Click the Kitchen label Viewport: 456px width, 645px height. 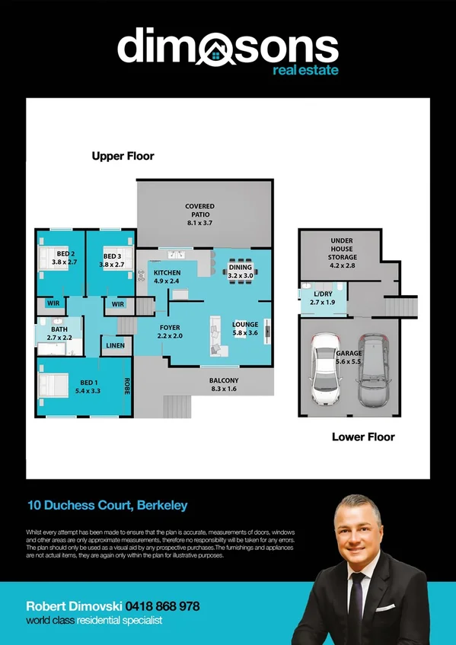pyautogui.click(x=167, y=277)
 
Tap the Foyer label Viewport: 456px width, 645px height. pyautogui.click(x=170, y=331)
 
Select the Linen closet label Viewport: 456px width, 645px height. pyautogui.click(x=116, y=345)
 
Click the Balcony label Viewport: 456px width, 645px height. pyautogui.click(x=224, y=385)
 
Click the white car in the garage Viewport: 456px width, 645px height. pyautogui.click(x=325, y=370)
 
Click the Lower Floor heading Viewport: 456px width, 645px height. pyautogui.click(x=363, y=437)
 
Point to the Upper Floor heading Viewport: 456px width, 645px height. pyautogui.click(x=123, y=156)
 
